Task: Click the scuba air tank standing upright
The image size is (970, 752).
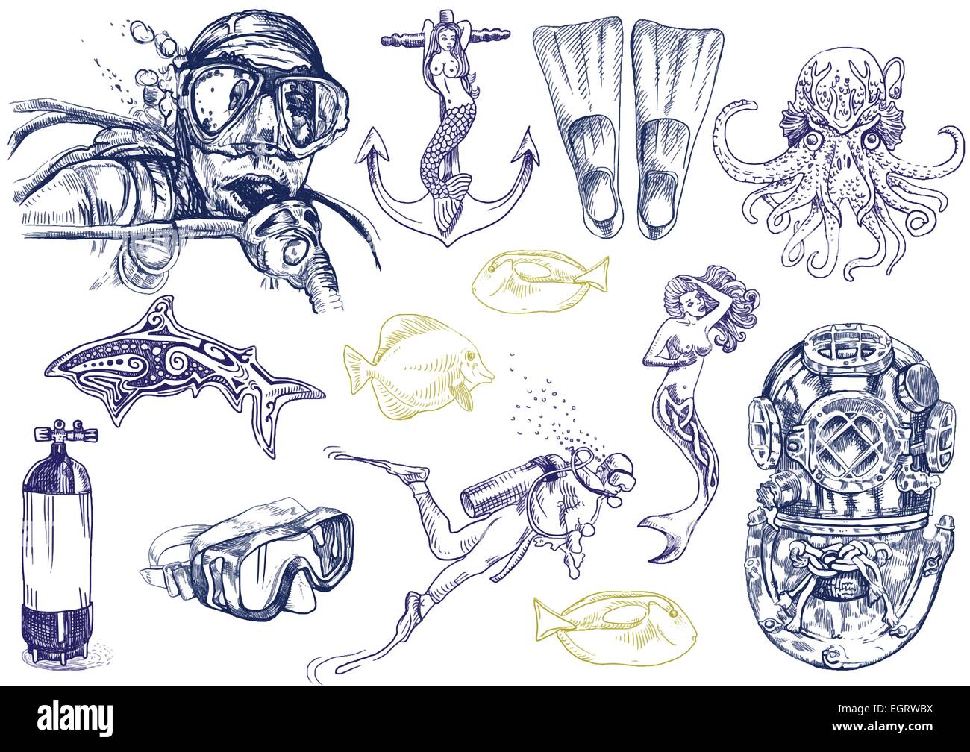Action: pyautogui.click(x=58, y=545)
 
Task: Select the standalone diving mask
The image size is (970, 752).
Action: pyautogui.click(x=248, y=560)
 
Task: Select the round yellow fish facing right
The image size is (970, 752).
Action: pyautogui.click(x=419, y=364)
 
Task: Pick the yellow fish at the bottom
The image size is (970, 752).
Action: pyautogui.click(x=615, y=628)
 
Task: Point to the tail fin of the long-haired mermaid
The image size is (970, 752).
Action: pyautogui.click(x=664, y=538)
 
